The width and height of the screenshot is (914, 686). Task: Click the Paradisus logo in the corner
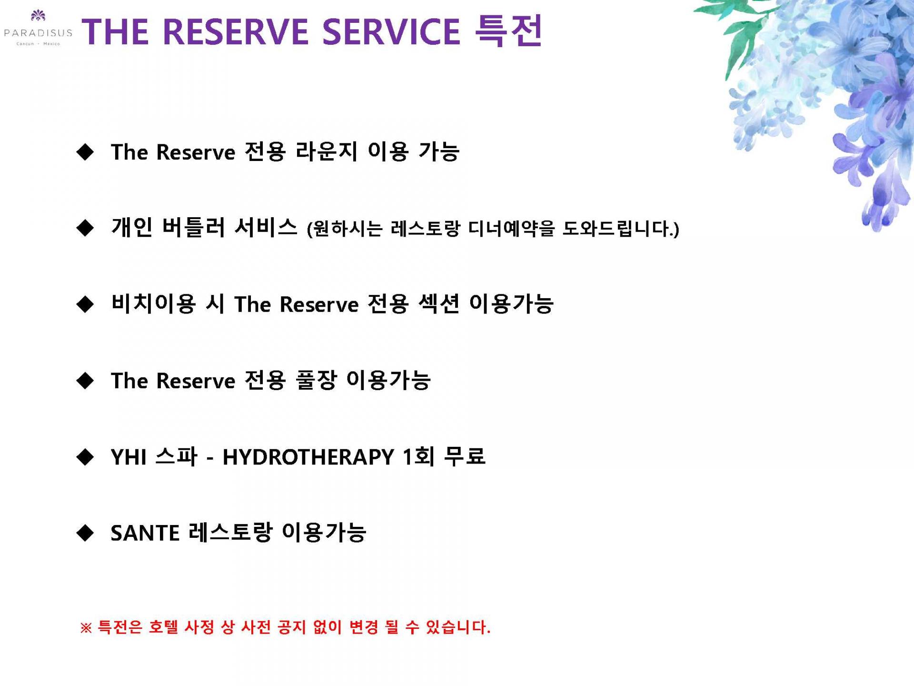tap(38, 28)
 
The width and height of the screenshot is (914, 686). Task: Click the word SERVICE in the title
tap(391, 31)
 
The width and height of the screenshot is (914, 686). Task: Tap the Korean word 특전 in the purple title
tap(509, 30)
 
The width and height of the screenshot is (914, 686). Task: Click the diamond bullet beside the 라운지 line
tap(85, 152)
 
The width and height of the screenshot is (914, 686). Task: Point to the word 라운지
tap(326, 151)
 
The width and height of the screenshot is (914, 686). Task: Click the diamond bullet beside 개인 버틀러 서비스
tap(85, 228)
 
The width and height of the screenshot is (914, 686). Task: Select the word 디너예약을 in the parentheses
tap(512, 229)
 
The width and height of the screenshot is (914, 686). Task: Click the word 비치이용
tap(153, 303)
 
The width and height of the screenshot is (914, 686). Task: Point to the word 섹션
tap(438, 303)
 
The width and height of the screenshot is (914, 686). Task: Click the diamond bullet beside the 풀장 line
tap(85, 381)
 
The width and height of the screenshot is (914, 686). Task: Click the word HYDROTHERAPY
tap(308, 457)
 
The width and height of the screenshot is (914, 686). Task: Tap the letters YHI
tap(129, 457)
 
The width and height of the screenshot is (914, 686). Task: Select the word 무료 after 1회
tap(464, 456)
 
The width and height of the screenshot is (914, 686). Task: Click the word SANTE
tap(145, 533)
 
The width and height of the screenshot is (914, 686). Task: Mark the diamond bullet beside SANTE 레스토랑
tap(85, 533)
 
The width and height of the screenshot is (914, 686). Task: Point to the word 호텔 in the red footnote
tap(163, 627)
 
